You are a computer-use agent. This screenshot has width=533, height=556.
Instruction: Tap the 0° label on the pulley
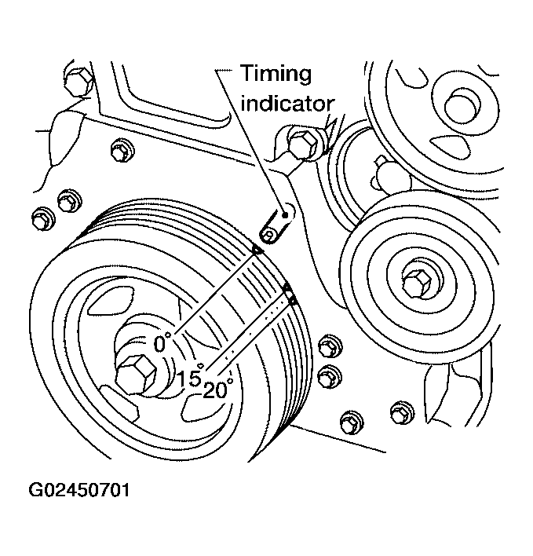pos(162,343)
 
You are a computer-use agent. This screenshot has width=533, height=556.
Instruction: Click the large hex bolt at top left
pos(79,82)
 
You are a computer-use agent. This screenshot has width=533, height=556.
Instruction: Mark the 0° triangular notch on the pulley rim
pos(256,250)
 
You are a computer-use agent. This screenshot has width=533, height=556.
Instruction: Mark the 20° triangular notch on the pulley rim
pos(292,299)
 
